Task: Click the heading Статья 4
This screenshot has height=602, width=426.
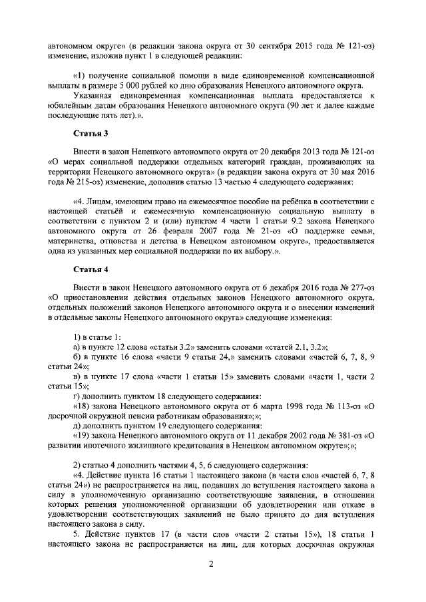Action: click(89, 269)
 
